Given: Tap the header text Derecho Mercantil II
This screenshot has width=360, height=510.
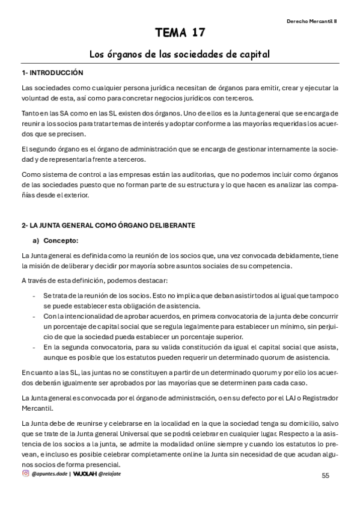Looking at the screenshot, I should pos(311,20).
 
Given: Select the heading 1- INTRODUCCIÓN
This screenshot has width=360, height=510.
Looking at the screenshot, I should pos(52,72).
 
